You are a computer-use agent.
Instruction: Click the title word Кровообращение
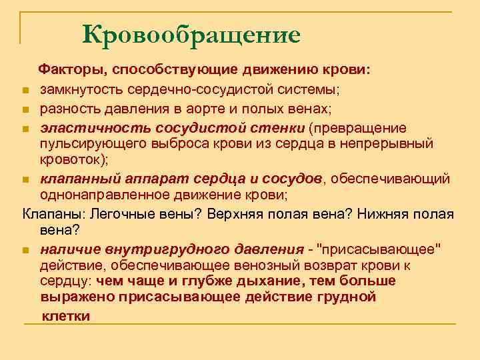tap(192, 33)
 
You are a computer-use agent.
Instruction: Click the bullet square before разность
tap(24, 109)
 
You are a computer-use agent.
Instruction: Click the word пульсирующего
tap(89, 143)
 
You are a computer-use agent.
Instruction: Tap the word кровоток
tap(67, 160)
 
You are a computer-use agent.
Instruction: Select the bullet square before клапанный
tap(24, 180)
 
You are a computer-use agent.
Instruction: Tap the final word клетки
tap(66, 316)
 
